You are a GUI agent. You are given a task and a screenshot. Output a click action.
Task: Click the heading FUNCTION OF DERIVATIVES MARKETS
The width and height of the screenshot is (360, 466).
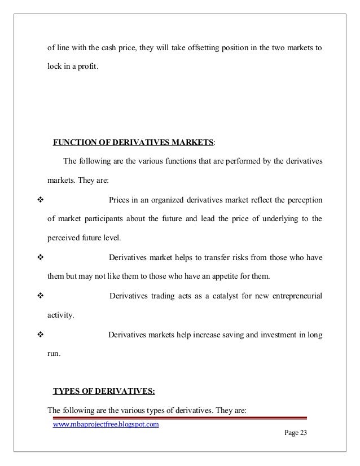click(x=133, y=141)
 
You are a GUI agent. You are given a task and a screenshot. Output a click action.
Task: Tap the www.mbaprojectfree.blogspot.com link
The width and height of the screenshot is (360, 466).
click(x=106, y=424)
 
